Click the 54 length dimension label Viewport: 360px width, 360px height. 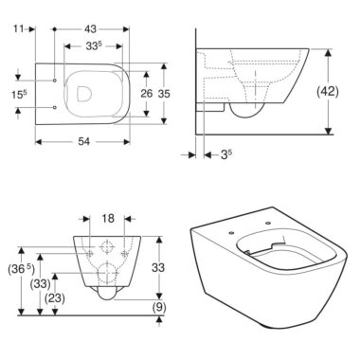(x=84, y=142)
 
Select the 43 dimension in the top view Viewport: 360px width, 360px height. (x=90, y=29)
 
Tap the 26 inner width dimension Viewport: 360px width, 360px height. (x=146, y=94)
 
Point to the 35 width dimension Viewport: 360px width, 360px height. (x=164, y=94)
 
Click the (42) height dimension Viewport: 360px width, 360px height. (x=328, y=92)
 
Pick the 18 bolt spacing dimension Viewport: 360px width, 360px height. (x=108, y=218)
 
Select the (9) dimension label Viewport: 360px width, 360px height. (x=159, y=307)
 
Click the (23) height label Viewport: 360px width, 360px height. (x=55, y=297)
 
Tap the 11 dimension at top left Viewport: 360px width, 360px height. (x=19, y=29)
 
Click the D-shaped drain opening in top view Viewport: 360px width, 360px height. (x=84, y=94)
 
